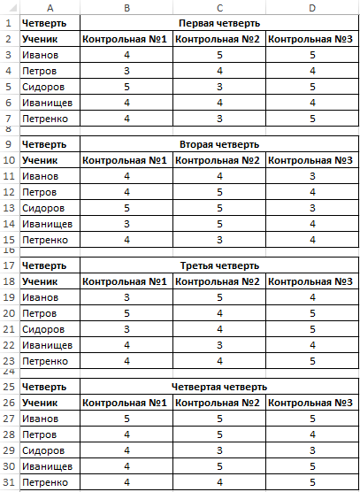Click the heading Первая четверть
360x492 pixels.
[218, 21]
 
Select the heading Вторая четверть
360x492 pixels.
[218, 143]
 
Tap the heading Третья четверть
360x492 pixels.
[218, 265]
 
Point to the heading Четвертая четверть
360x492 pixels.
[218, 387]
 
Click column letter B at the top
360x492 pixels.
[126, 7]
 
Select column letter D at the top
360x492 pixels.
[311, 7]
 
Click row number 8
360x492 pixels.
[8, 128]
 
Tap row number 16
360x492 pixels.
[8, 250]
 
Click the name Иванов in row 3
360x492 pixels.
[40, 55]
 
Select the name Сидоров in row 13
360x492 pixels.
[44, 208]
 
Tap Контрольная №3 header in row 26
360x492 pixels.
[311, 404]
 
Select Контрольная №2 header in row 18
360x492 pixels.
[218, 281]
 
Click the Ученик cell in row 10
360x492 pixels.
[40, 160]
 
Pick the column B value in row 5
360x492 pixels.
[126, 88]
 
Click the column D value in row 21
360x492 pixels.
[311, 329]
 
